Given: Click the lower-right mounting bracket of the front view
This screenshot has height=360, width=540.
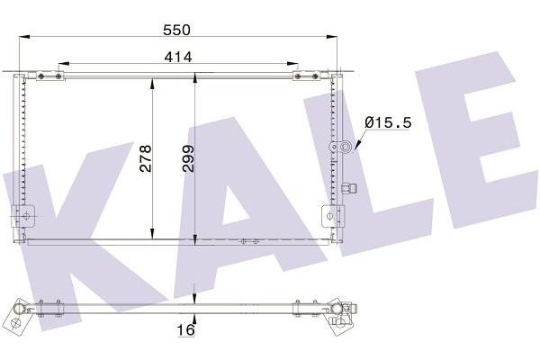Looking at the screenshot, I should (x=332, y=216).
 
